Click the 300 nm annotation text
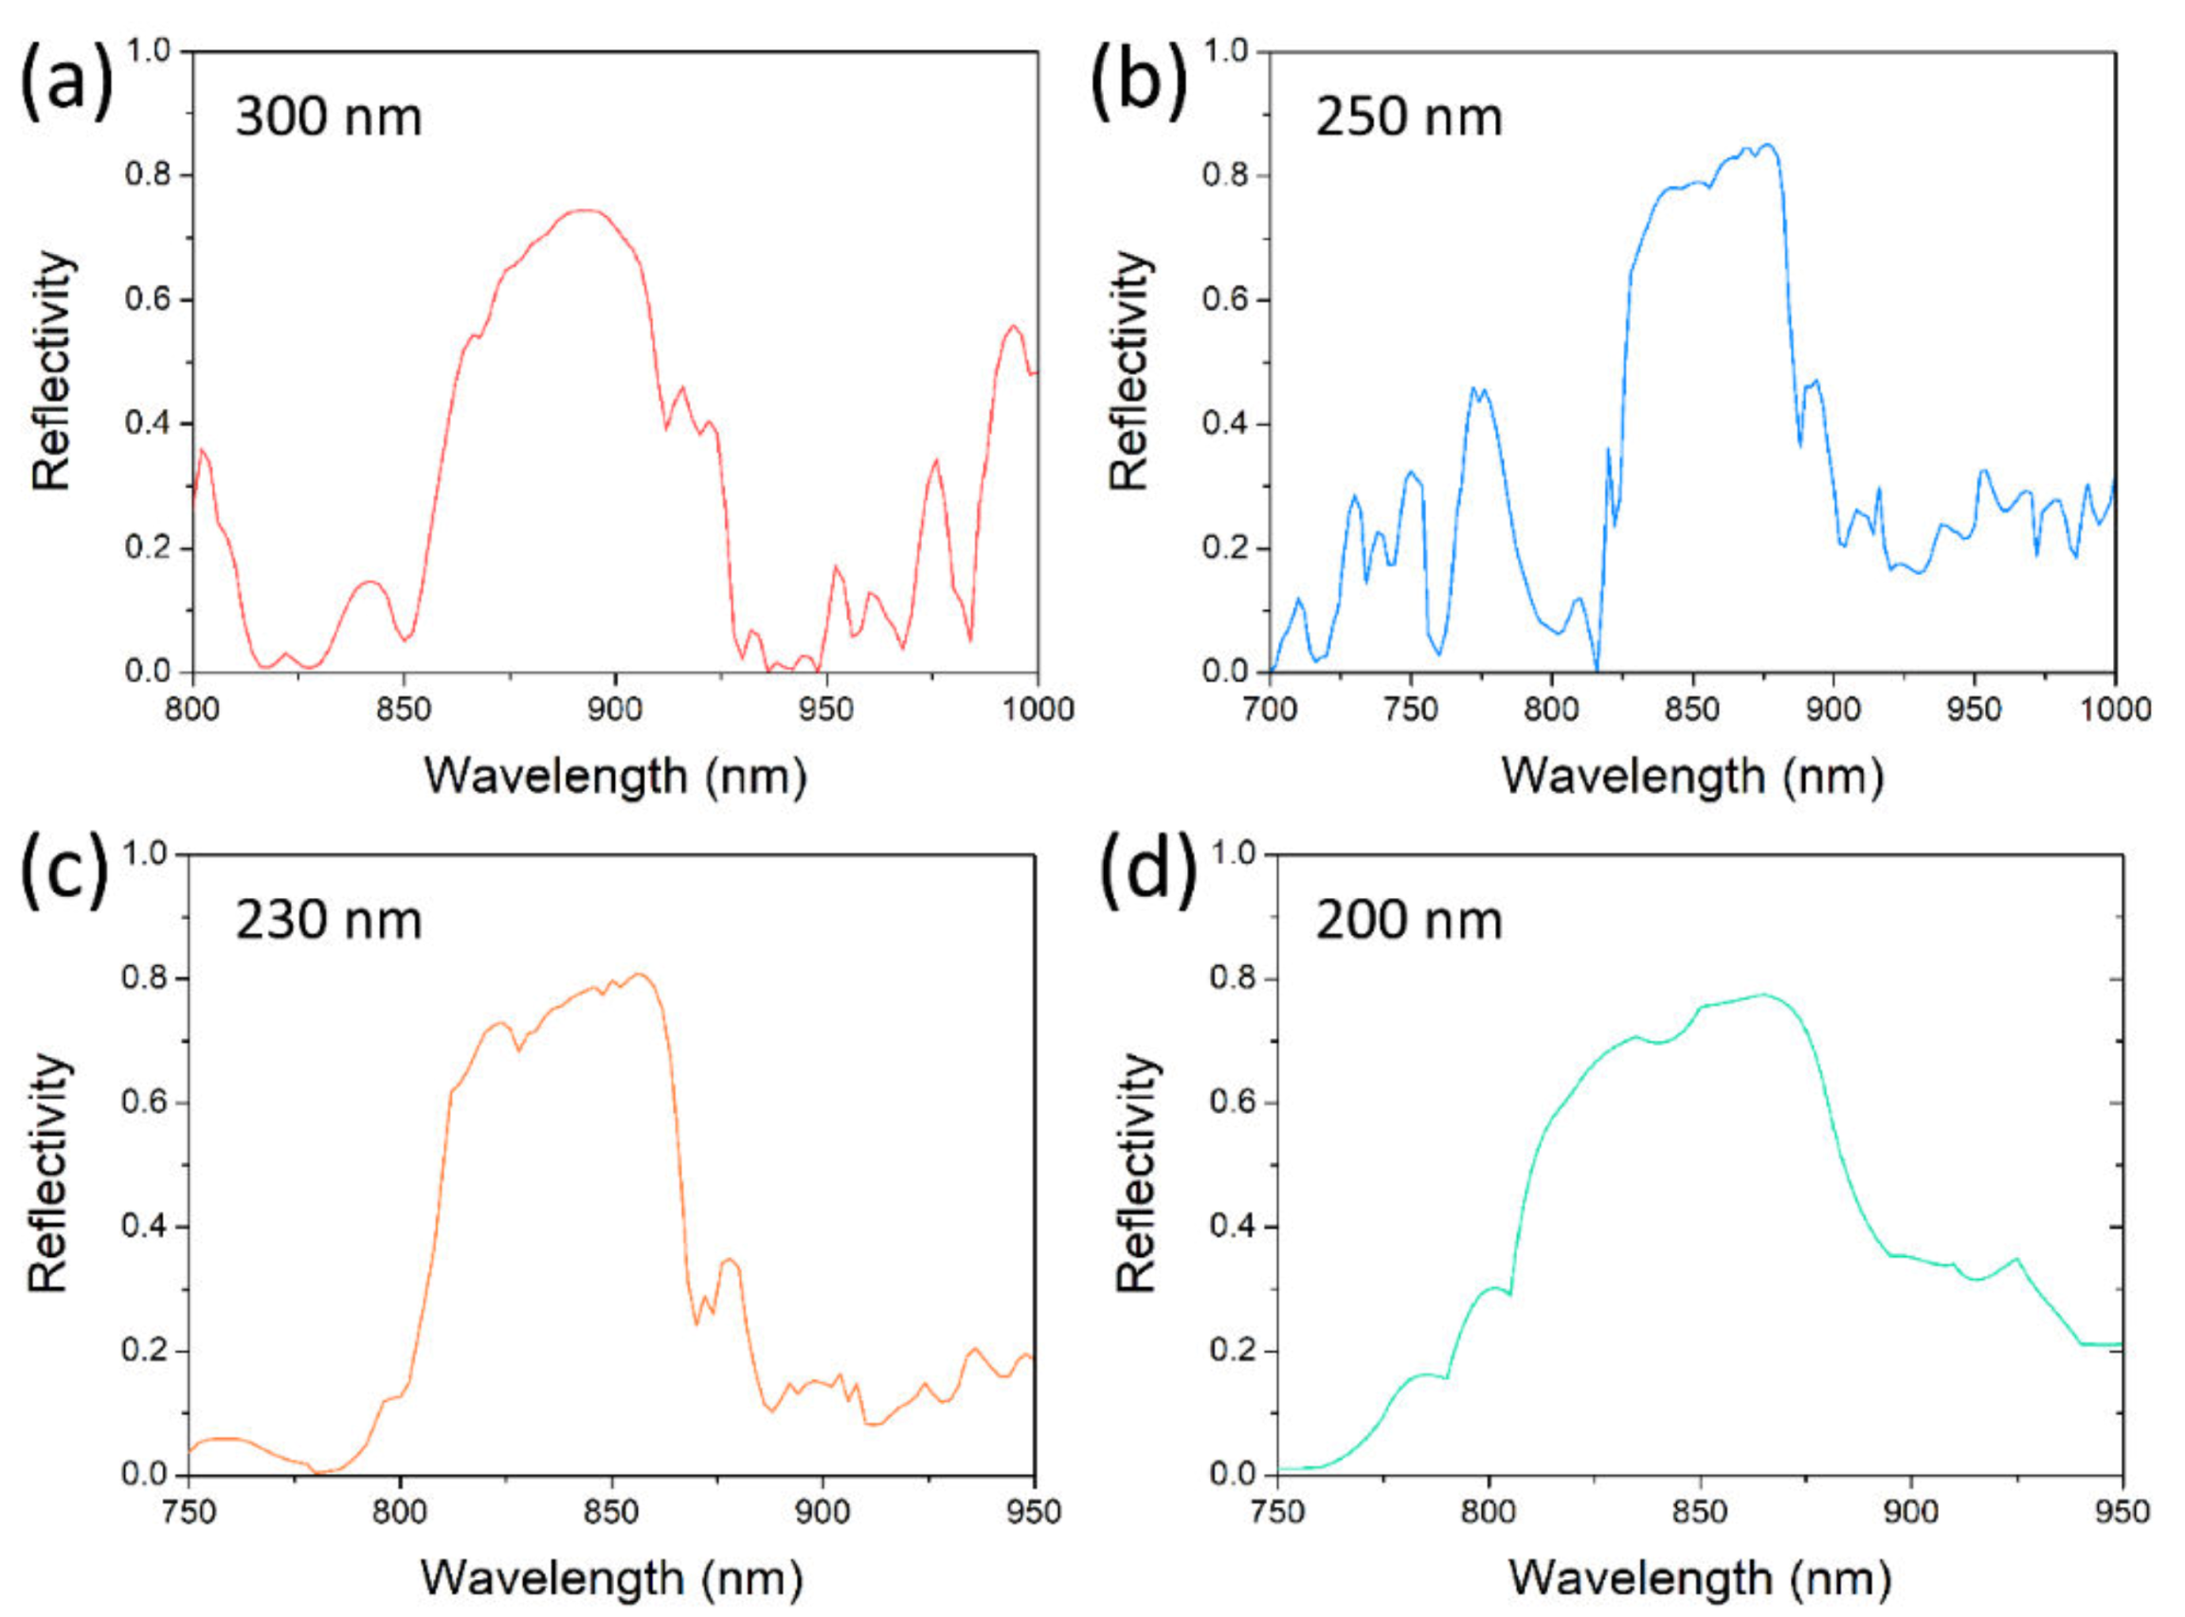click(329, 118)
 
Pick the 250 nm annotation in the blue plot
click(1409, 118)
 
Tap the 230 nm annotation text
click(329, 921)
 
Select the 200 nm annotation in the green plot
click(1409, 921)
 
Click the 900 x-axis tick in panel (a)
click(615, 709)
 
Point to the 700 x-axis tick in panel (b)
click(1270, 709)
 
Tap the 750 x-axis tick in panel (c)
click(188, 1512)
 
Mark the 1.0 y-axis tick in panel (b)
click(1227, 51)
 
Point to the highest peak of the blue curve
click(1767, 144)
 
